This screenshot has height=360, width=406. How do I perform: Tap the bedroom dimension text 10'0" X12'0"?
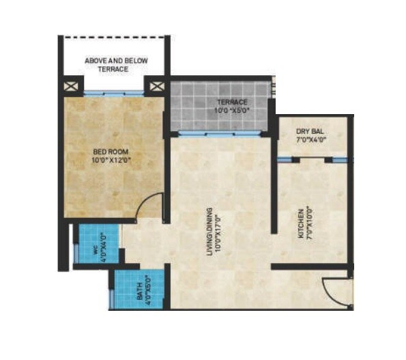click(x=111, y=162)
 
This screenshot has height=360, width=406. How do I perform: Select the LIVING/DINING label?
click(x=210, y=232)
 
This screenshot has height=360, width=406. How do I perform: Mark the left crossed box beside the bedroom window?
click(x=71, y=87)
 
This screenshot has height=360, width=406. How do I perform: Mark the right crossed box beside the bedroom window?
click(x=158, y=87)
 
